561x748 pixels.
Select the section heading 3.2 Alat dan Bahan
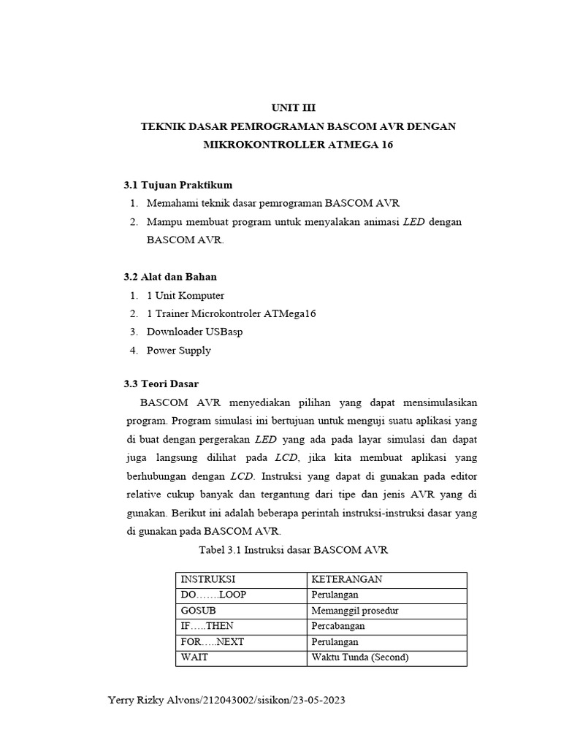[x=169, y=277]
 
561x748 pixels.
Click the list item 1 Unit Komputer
[x=186, y=296]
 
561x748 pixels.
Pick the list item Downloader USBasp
[x=194, y=332]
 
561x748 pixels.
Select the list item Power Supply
[x=179, y=350]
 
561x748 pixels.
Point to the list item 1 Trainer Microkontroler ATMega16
[x=231, y=313]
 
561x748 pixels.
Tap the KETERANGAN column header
[x=347, y=579]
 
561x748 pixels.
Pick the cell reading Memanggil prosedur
[x=354, y=611]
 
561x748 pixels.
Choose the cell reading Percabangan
[x=338, y=626]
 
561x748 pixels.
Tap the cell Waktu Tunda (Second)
[x=360, y=657]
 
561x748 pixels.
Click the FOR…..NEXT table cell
[x=212, y=642]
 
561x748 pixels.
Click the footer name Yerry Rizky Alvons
[x=153, y=701]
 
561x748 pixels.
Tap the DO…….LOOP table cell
[x=213, y=595]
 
